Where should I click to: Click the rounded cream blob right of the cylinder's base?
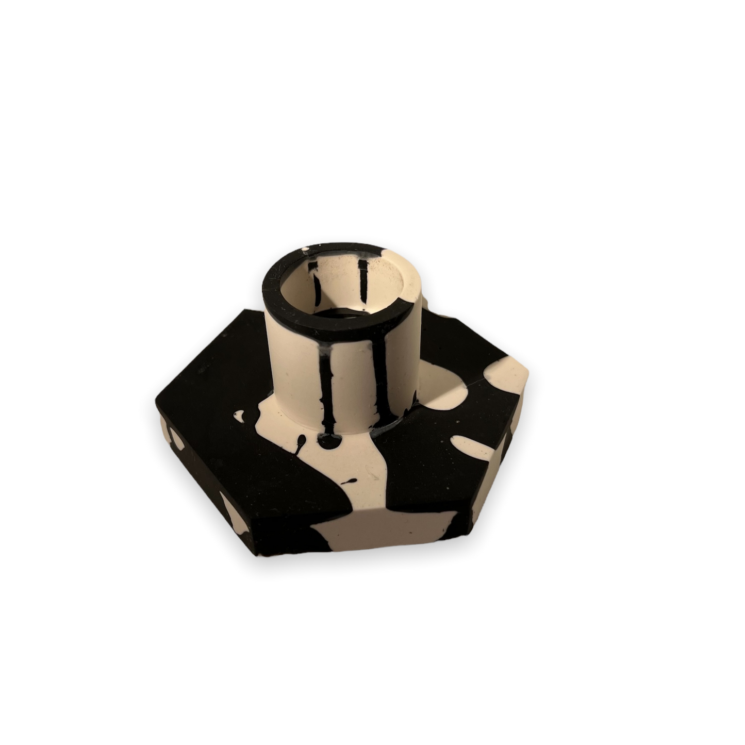click(x=443, y=387)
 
